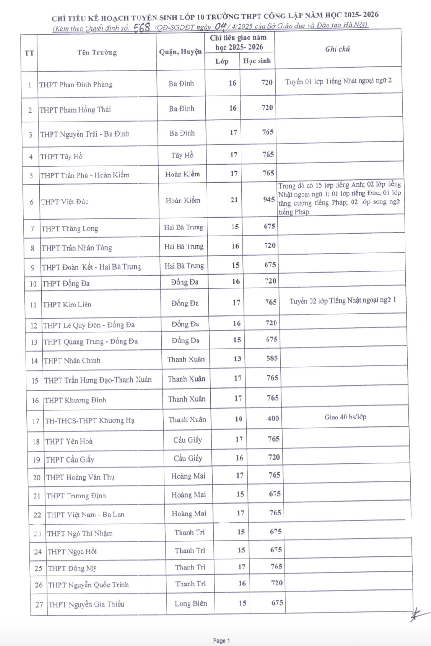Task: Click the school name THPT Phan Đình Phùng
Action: tap(76, 85)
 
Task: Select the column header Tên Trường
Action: tap(97, 52)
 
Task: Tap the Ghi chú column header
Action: tap(337, 49)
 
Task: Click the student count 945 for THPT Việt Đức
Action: tap(269, 200)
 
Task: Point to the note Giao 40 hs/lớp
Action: tap(345, 417)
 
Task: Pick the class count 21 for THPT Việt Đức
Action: tap(234, 200)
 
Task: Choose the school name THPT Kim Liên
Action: tap(67, 305)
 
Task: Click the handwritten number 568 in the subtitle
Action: tap(142, 28)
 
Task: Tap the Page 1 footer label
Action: tap(221, 641)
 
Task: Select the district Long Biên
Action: tap(190, 603)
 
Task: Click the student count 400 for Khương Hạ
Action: tap(273, 419)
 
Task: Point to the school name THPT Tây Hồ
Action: tap(61, 157)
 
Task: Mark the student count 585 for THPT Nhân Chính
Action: tap(272, 358)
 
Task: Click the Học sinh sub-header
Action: tap(257, 61)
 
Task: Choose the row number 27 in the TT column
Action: tap(39, 604)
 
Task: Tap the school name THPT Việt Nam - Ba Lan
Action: tap(86, 515)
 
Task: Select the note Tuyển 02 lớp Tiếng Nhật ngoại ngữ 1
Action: tap(343, 301)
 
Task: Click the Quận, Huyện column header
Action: tap(181, 52)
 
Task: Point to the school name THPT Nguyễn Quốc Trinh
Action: tap(88, 585)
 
